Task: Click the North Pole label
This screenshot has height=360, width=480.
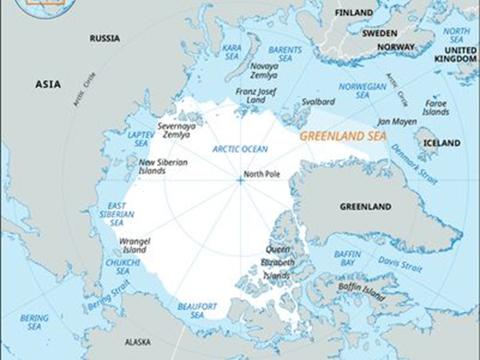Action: click(262, 175)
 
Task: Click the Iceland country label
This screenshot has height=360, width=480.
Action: click(442, 143)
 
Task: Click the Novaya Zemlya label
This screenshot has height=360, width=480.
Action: click(263, 71)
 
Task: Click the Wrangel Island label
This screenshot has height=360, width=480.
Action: click(134, 245)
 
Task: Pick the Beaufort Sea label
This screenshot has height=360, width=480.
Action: click(191, 310)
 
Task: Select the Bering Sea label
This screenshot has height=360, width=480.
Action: click(34, 322)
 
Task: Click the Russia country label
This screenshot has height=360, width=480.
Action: click(104, 38)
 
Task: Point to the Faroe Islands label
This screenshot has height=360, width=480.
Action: click(435, 107)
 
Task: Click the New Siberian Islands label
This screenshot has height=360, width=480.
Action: click(162, 166)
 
